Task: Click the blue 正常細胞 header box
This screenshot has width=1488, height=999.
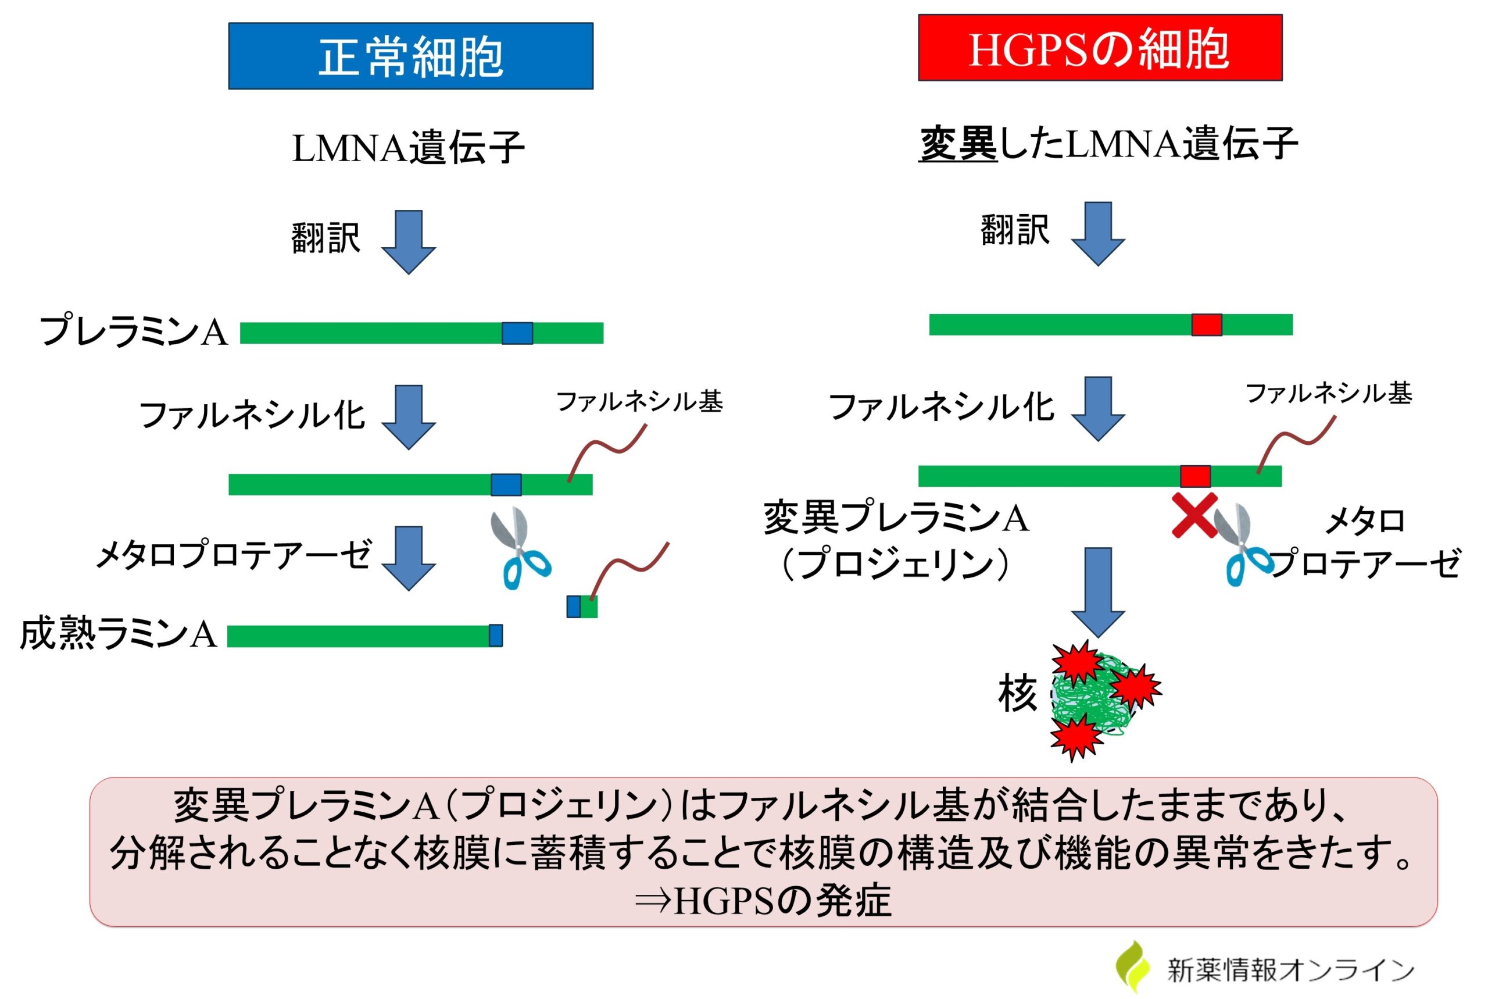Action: coord(411,56)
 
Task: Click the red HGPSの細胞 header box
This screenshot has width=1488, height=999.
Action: coord(1100,48)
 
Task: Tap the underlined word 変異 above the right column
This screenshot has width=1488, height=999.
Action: coord(958,144)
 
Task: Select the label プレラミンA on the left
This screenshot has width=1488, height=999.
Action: coord(134,331)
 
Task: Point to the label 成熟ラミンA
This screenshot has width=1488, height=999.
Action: coord(119,634)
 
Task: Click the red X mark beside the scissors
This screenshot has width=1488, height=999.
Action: coord(1194,515)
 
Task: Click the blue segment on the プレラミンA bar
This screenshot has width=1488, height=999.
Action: coord(517,333)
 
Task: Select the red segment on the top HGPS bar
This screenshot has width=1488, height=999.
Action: coord(1207,325)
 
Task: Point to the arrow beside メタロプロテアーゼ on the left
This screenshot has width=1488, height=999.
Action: coord(408,558)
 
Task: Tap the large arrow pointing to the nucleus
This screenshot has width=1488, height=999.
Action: coord(1098,591)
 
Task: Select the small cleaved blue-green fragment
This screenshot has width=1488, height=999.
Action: coord(582,606)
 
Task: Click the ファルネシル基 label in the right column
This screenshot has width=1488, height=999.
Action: coord(1328,393)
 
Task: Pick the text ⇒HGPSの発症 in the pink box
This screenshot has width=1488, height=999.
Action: coord(763,900)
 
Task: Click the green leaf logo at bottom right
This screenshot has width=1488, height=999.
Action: coord(1133,966)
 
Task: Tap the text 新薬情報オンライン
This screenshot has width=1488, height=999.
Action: coord(1290,970)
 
